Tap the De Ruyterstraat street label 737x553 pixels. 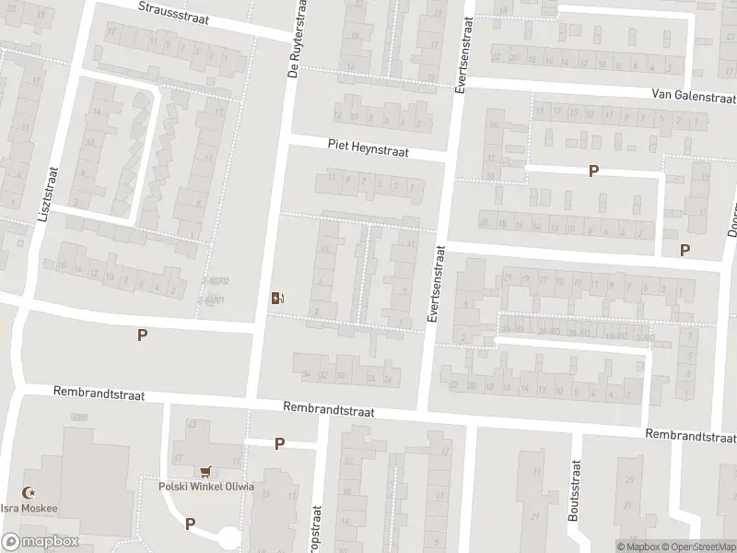[296, 39]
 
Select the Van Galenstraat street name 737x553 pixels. [692, 95]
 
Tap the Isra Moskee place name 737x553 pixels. [31, 509]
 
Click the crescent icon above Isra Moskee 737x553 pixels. [29, 494]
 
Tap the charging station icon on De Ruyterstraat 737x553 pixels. [277, 297]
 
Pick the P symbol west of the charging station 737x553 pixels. [142, 335]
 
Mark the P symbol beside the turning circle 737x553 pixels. [190, 524]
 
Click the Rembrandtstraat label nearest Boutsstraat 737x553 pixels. [690, 435]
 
